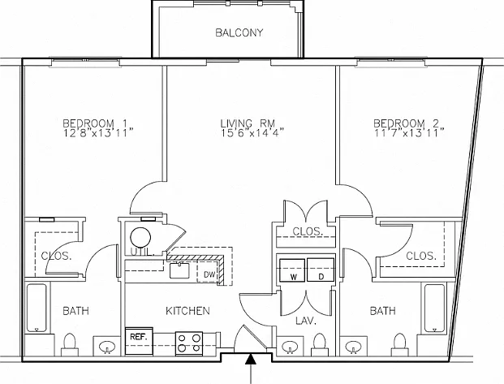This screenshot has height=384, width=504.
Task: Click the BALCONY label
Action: pos(239,32)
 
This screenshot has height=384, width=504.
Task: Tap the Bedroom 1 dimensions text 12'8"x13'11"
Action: pos(98,133)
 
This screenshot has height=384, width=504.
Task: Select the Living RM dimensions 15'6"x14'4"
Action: pos(252,133)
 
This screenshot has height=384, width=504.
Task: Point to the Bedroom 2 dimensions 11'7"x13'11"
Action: pos(410,133)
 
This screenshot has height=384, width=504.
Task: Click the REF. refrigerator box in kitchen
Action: pos(139,341)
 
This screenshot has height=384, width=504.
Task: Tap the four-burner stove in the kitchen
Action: pos(189,343)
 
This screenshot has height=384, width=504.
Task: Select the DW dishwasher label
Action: pos(209,274)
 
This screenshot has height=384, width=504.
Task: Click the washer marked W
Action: pos(292,270)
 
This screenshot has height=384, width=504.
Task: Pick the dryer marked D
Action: pos(321,270)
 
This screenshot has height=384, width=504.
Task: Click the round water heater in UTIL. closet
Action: pos(140,238)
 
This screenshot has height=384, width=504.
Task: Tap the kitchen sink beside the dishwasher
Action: pos(179,270)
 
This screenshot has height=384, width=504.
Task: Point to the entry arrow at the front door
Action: pos(251,369)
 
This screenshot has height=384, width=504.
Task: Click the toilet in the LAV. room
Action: pos(320,343)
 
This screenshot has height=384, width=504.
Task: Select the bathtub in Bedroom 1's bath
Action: pos(37,308)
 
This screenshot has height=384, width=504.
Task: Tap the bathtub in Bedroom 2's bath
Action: pos(434,308)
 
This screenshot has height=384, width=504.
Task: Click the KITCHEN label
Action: pos(187,311)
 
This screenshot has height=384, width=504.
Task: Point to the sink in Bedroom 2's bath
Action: pos(353,347)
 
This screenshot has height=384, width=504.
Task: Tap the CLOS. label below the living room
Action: pos(308,231)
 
